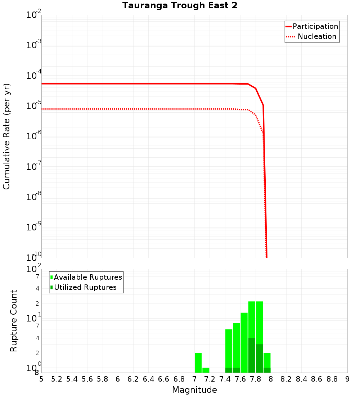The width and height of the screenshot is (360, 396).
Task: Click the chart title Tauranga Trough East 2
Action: click(x=180, y=6)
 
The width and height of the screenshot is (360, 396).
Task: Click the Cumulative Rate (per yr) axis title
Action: click(x=6, y=136)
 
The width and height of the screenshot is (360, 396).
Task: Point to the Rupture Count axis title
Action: click(x=14, y=321)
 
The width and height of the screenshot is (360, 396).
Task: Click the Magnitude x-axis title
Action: click(x=194, y=390)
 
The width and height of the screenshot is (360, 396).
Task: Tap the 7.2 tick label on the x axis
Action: click(x=210, y=379)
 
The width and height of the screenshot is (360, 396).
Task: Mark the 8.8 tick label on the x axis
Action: click(x=332, y=379)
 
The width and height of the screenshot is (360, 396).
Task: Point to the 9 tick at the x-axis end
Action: click(x=347, y=379)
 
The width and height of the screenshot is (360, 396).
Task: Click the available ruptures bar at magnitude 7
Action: click(x=198, y=363)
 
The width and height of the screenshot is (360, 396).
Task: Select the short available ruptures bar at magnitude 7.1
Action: click(x=206, y=370)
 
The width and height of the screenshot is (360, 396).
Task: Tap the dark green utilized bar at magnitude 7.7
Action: click(x=252, y=355)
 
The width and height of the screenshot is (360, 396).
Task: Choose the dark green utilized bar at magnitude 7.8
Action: click(x=259, y=358)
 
